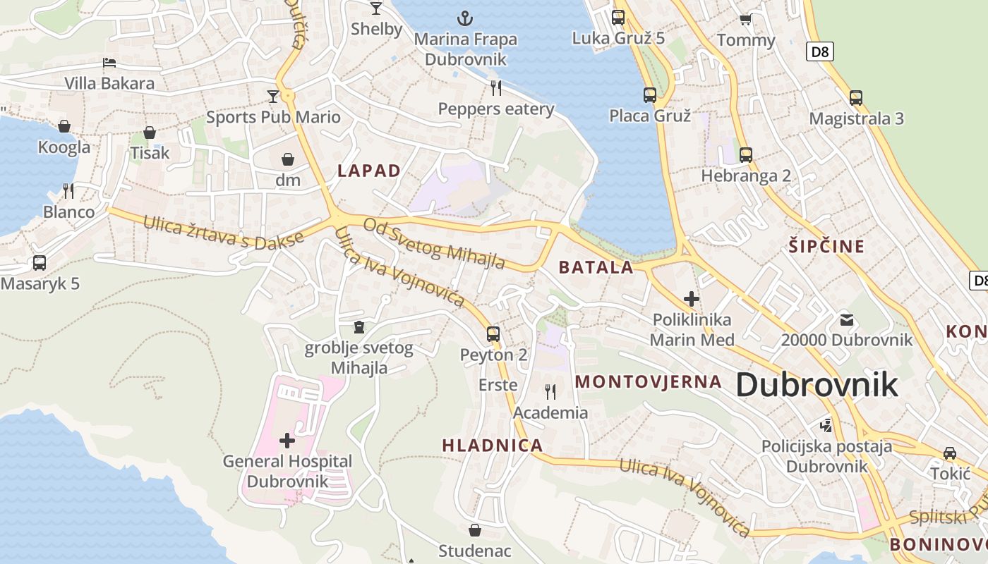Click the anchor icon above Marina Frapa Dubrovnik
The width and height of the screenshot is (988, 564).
tap(464, 18)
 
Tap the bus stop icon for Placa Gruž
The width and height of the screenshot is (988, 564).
tap(649, 94)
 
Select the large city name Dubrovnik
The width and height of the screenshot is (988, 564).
tap(817, 385)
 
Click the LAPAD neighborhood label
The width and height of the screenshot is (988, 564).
tap(368, 171)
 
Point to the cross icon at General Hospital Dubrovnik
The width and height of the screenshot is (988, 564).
tap(287, 441)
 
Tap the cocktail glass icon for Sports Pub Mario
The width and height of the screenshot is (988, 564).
tap(273, 96)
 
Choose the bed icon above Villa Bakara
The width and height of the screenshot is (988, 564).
tap(109, 63)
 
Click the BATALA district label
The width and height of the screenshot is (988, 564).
tap(596, 267)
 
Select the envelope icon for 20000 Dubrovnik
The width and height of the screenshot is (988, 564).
tap(847, 320)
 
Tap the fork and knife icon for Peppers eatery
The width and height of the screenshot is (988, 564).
tap(496, 87)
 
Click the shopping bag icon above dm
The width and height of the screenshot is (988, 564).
tap(288, 159)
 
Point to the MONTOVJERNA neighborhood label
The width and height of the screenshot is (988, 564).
tap(649, 382)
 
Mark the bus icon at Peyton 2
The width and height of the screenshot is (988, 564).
tap(493, 334)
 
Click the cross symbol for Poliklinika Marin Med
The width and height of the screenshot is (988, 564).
tap(692, 299)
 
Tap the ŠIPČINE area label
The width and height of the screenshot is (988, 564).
tap(826, 246)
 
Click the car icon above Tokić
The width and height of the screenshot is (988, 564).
tap(950, 453)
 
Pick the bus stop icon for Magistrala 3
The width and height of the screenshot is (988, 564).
tap(856, 98)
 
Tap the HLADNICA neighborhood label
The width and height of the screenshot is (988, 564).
tap(492, 446)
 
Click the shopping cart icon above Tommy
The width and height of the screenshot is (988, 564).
tap(745, 19)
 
